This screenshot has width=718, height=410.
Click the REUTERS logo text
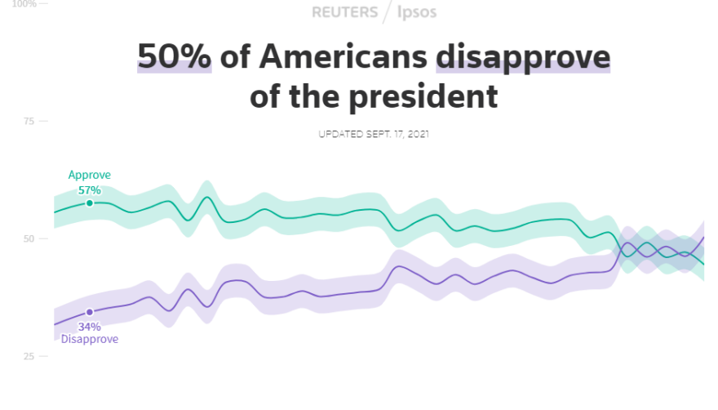coord(344,12)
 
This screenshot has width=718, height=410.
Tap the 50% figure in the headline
coord(174,57)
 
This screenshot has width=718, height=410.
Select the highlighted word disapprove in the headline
coord(523,57)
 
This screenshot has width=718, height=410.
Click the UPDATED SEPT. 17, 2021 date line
coord(373,134)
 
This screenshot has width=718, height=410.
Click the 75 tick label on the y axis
coord(29,121)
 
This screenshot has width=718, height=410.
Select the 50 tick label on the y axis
coord(29,238)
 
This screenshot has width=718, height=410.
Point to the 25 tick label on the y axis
coord(29,357)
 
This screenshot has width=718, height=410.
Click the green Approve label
coord(89,175)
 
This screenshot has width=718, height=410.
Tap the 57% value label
coord(89,189)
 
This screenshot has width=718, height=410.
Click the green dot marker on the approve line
coord(90,203)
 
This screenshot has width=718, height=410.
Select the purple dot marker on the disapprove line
coord(90,312)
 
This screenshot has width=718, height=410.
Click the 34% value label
coord(89,327)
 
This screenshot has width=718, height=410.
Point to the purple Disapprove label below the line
coord(89,339)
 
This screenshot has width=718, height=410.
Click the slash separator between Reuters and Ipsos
coord(388,12)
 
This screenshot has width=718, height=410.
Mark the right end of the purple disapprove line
coord(703,238)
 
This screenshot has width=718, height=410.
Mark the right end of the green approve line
coord(703,263)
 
